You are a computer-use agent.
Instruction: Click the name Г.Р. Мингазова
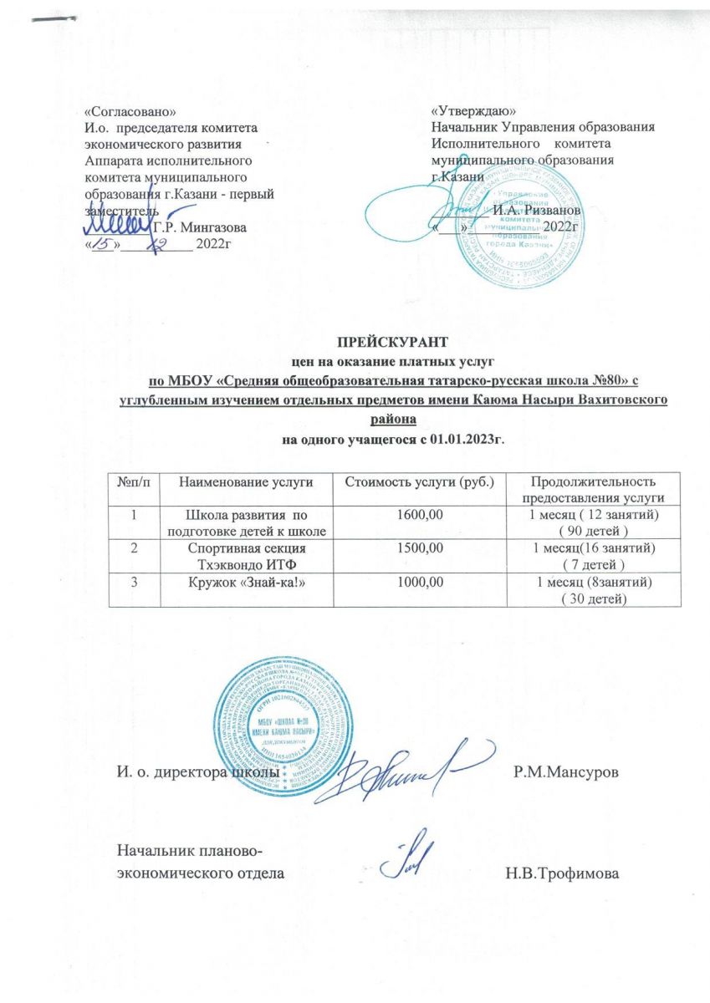click(201, 227)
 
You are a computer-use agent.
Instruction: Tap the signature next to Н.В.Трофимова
click(407, 858)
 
